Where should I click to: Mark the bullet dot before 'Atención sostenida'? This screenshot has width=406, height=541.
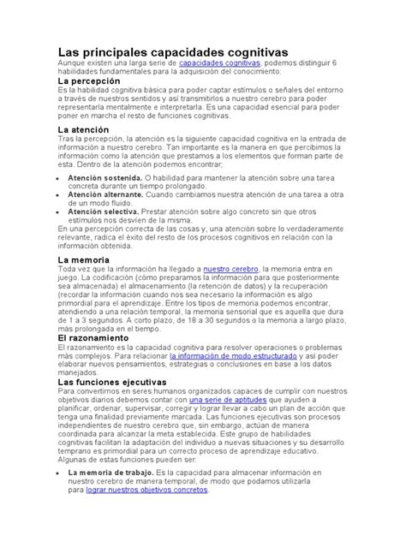coord(60,178)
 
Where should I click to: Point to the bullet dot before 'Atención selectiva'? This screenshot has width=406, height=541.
coord(60,211)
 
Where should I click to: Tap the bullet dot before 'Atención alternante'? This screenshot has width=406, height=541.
coord(60,194)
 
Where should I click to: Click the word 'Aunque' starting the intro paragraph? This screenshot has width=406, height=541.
coord(72,63)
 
